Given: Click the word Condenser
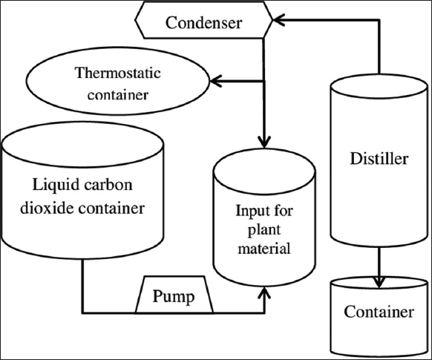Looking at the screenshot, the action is (203, 22).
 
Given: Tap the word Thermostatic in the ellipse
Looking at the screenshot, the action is (117, 73).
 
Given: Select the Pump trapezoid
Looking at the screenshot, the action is (174, 295).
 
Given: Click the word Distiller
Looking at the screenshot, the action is (379, 159).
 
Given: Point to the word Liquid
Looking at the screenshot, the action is (56, 186).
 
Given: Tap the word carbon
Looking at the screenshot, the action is (108, 185).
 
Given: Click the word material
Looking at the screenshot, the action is (264, 248).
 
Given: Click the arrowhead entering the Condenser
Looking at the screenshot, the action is (278, 20).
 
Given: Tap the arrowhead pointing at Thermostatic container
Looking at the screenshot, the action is (216, 81).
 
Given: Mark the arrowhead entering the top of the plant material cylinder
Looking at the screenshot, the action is (264, 142).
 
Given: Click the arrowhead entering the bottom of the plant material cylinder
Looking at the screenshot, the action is (264, 293).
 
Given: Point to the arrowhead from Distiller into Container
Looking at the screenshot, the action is (379, 282).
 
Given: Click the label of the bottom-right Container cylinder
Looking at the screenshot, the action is (379, 312).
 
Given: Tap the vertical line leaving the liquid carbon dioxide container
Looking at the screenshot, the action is (82, 286).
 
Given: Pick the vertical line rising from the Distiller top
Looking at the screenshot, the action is (379, 47).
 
